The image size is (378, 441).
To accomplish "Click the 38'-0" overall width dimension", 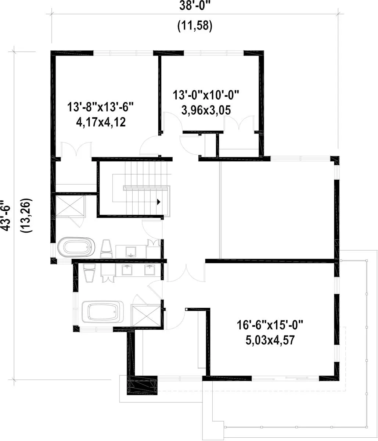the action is tap(195, 6).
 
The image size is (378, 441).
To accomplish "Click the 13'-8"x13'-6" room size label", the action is tap(100, 107).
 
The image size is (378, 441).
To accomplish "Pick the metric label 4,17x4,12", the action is tap(101, 122).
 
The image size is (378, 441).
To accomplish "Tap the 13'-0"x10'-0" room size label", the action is tap(206, 95).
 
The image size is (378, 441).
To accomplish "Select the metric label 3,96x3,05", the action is tap(206, 110).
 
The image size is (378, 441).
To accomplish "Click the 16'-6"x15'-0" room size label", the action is tap(270, 325).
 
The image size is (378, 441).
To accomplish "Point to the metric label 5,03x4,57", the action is tap(270, 340).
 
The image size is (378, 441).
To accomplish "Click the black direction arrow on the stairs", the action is tap(158, 202).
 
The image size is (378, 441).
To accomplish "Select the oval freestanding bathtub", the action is tap(76, 247).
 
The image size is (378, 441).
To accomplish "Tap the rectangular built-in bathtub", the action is tap(102, 312).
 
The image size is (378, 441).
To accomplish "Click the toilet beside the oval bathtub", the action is tap(107, 249).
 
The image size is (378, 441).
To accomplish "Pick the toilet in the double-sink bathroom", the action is tap(89, 273).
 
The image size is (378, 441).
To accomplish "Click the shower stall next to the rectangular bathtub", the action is tap(146, 316).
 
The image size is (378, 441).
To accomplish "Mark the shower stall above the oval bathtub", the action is tap(69, 206).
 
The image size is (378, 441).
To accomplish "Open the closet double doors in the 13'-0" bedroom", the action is tap(239, 123).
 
